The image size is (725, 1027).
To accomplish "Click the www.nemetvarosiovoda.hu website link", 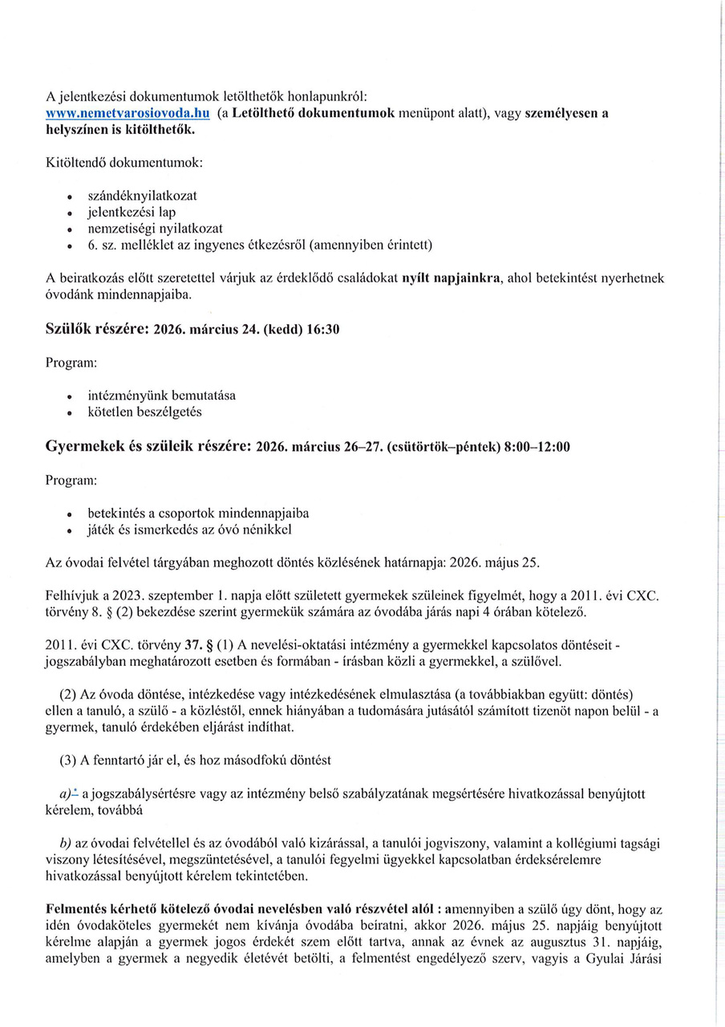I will pyautogui.click(x=128, y=114).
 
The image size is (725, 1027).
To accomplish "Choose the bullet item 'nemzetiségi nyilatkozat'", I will pyautogui.click(x=155, y=229).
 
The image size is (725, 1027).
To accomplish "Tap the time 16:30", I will pyautogui.click(x=324, y=330).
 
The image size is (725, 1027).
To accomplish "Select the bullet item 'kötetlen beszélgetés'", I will pyautogui.click(x=144, y=412).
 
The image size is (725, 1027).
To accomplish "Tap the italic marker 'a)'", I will pyautogui.click(x=67, y=794).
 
